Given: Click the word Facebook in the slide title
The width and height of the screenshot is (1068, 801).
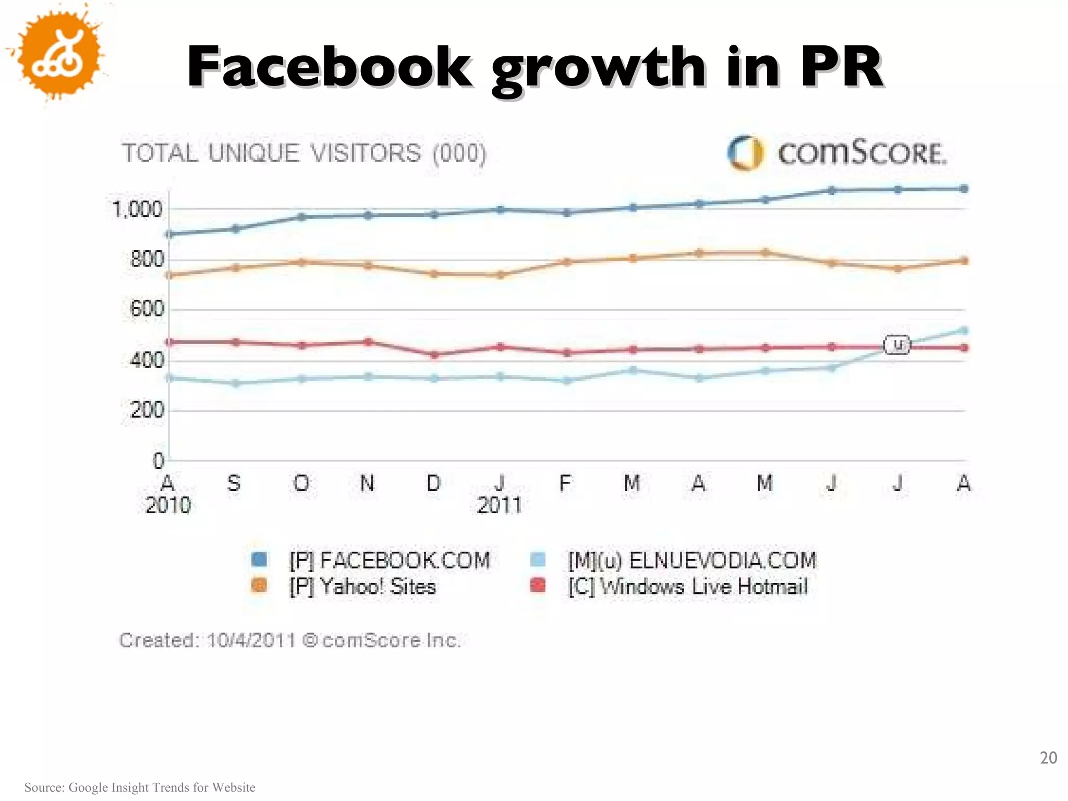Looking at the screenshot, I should [x=330, y=68].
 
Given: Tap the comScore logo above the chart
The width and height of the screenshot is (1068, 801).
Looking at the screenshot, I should [x=837, y=153].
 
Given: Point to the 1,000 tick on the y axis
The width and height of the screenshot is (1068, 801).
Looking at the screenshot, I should [x=138, y=210].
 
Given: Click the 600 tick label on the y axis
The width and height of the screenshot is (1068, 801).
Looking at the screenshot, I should [x=147, y=309].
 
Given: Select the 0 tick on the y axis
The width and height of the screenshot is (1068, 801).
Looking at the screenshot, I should [x=158, y=460].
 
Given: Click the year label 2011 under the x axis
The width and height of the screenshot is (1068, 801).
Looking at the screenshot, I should [x=499, y=505].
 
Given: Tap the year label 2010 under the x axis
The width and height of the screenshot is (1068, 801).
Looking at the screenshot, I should [x=168, y=505].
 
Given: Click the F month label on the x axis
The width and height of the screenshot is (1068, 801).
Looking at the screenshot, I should [x=565, y=483].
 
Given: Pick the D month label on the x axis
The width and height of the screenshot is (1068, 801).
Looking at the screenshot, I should [x=433, y=483].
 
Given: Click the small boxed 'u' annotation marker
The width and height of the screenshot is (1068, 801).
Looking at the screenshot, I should [x=897, y=345].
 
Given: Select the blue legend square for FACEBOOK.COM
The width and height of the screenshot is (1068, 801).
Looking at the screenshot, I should [x=259, y=560].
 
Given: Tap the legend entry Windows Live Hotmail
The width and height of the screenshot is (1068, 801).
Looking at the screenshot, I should [x=688, y=587].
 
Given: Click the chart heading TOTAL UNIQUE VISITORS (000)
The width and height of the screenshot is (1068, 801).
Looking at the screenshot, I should [x=304, y=153].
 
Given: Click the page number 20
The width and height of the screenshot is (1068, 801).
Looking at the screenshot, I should [x=1048, y=757].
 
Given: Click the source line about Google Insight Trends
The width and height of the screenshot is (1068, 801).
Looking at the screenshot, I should [x=140, y=787].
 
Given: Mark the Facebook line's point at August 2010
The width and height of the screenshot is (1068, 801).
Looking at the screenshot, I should [x=169, y=234].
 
